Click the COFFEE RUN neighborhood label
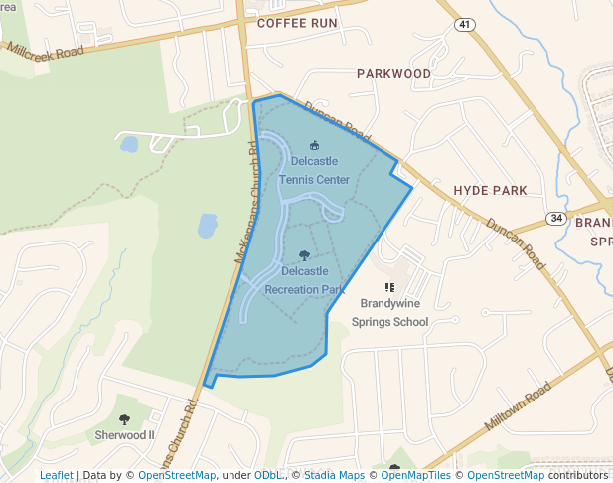pos(297,23)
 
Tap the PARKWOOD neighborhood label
pos(393,74)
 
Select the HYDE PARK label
pos(490,189)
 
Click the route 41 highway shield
pos(465,22)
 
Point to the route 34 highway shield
pos(555,217)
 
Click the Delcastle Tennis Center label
pos(314,170)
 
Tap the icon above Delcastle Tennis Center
pos(314,146)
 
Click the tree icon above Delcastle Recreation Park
pos(304,255)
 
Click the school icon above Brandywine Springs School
pos(389,287)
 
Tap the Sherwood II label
pos(124,435)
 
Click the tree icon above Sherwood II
pos(124,419)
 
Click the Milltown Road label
pos(517,405)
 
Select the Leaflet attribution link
pos(56,476)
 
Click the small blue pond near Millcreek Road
pos(129,144)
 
